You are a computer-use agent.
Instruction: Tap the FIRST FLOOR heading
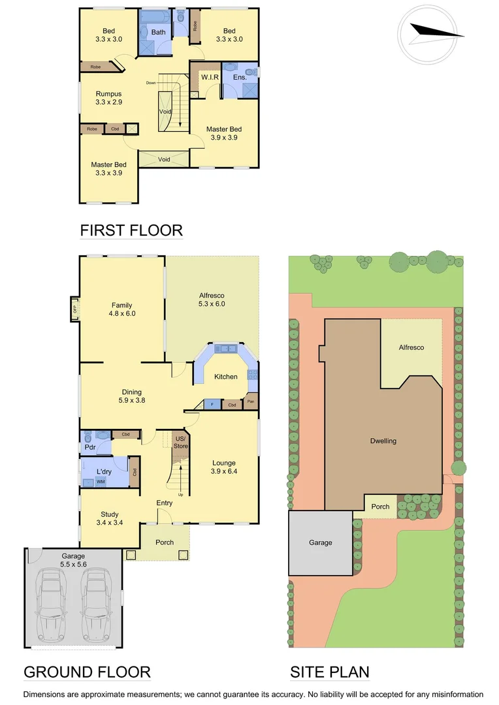coord(131,230)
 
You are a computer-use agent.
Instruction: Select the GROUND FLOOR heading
coord(87,672)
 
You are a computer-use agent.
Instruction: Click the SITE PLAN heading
coord(329,672)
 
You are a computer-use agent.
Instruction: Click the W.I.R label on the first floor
coord(210,77)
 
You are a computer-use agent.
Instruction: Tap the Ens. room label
coord(240,78)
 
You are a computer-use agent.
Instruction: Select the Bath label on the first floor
coord(159,32)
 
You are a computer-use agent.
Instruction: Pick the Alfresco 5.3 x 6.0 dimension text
coord(212,304)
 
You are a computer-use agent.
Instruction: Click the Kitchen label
coord(226,377)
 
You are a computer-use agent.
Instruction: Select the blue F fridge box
coord(212,405)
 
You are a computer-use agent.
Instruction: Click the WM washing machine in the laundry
coord(101,482)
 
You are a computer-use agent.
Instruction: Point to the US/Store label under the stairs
coord(180,442)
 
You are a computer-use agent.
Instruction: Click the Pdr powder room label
coord(89,447)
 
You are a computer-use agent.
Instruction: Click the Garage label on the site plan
coord(321,542)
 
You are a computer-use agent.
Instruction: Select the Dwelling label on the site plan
coord(383,441)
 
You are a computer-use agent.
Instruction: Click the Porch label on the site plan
coord(380,507)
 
